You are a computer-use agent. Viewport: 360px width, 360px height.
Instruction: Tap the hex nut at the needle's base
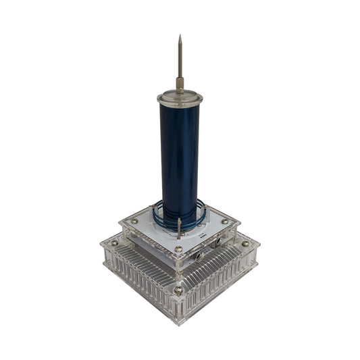pos(180,84)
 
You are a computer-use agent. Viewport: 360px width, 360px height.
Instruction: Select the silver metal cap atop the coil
pos(180,98)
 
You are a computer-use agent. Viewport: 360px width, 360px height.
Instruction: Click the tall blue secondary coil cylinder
pos(180,155)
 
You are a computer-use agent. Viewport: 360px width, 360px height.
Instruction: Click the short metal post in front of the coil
pos(179,226)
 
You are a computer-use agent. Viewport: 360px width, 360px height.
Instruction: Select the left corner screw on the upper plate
pos(134,220)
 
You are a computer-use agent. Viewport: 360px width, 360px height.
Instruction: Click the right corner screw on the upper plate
pos(224,221)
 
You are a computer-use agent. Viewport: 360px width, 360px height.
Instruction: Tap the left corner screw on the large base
pos(114,243)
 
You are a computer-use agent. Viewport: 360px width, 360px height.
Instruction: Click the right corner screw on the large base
pos(245,243)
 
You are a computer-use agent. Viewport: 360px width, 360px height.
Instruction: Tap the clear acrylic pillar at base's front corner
pos(178,307)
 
